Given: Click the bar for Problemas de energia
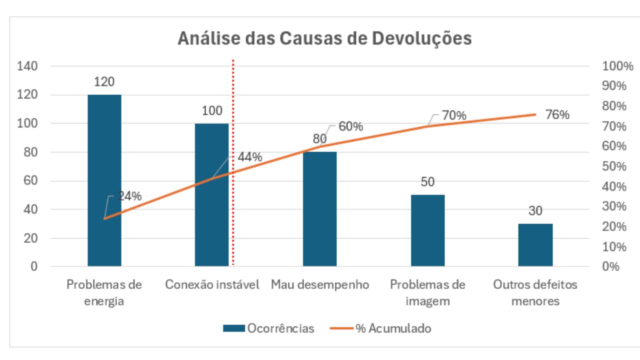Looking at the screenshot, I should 104,180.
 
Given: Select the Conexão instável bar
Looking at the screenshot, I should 211,195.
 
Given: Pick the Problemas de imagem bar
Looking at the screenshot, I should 427,230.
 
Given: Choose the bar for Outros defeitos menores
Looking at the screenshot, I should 535,245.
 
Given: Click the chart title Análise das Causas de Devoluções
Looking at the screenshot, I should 324,39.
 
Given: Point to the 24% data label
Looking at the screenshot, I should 129,196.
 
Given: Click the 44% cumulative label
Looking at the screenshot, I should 249,157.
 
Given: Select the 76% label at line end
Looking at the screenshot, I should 557,115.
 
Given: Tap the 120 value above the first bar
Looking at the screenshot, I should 104,82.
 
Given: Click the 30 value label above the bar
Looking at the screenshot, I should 535,211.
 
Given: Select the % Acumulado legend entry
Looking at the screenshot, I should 381,328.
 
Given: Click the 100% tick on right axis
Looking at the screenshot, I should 614,66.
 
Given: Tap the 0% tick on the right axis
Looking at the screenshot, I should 610,266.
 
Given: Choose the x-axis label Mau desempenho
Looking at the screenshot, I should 320,285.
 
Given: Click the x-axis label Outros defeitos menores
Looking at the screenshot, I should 535,293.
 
